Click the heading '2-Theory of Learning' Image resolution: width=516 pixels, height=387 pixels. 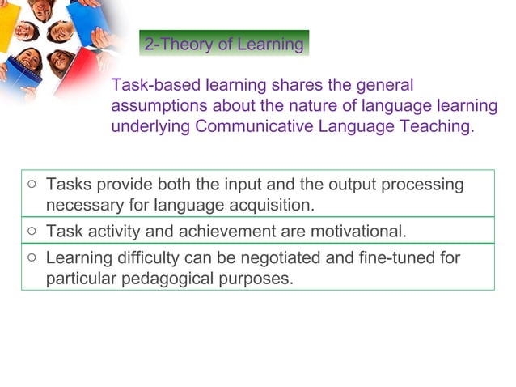(224, 44)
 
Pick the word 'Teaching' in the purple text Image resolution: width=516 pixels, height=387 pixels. (436, 126)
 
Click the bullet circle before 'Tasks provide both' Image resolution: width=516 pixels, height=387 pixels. (31, 185)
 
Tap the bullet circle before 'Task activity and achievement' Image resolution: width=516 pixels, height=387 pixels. (31, 232)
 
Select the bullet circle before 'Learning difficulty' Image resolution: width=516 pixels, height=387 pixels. (31, 258)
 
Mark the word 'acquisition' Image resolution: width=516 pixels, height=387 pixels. (267, 205)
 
